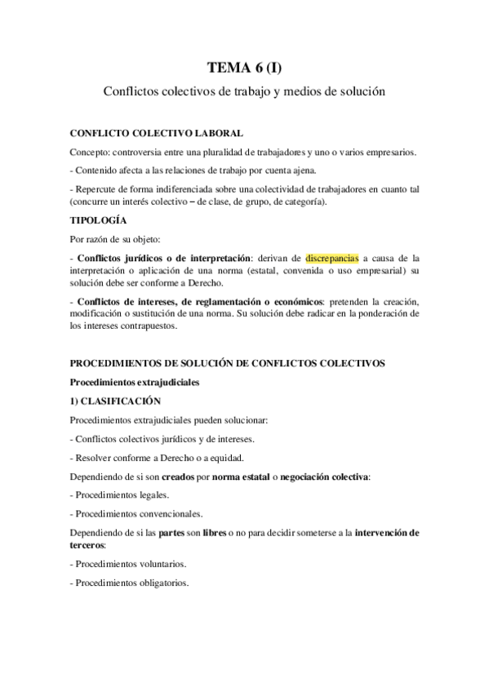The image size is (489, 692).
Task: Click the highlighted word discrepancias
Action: tap(331, 256)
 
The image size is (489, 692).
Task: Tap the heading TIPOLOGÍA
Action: tap(98, 220)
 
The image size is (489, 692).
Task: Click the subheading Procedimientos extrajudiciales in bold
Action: tap(134, 381)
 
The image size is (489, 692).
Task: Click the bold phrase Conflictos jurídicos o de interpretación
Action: tap(164, 256)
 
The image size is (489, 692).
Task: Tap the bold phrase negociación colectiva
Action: tap(322, 476)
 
